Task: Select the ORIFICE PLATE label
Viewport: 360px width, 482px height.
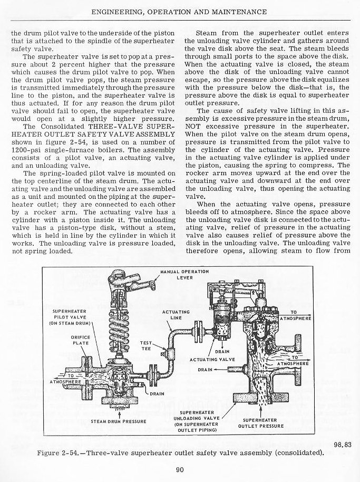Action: point(79,340)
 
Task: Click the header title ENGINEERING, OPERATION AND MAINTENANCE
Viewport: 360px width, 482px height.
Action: point(179,11)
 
